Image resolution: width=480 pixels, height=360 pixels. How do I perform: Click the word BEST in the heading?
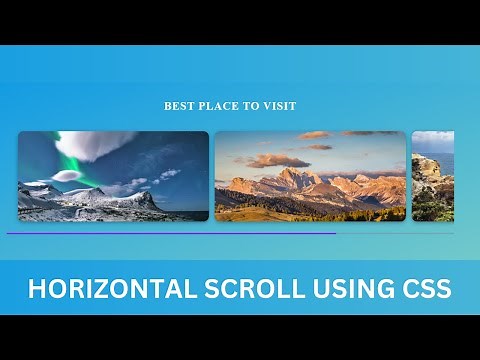pyautogui.click(x=177, y=106)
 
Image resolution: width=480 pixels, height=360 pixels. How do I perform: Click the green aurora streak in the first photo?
pyautogui.click(x=72, y=160)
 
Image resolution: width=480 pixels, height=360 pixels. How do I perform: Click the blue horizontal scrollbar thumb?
pyautogui.click(x=170, y=233)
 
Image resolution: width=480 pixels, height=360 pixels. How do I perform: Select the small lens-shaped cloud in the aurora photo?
pyautogui.click(x=66, y=176)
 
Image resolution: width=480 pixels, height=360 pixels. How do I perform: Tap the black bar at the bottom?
pyautogui.click(x=240, y=337)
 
